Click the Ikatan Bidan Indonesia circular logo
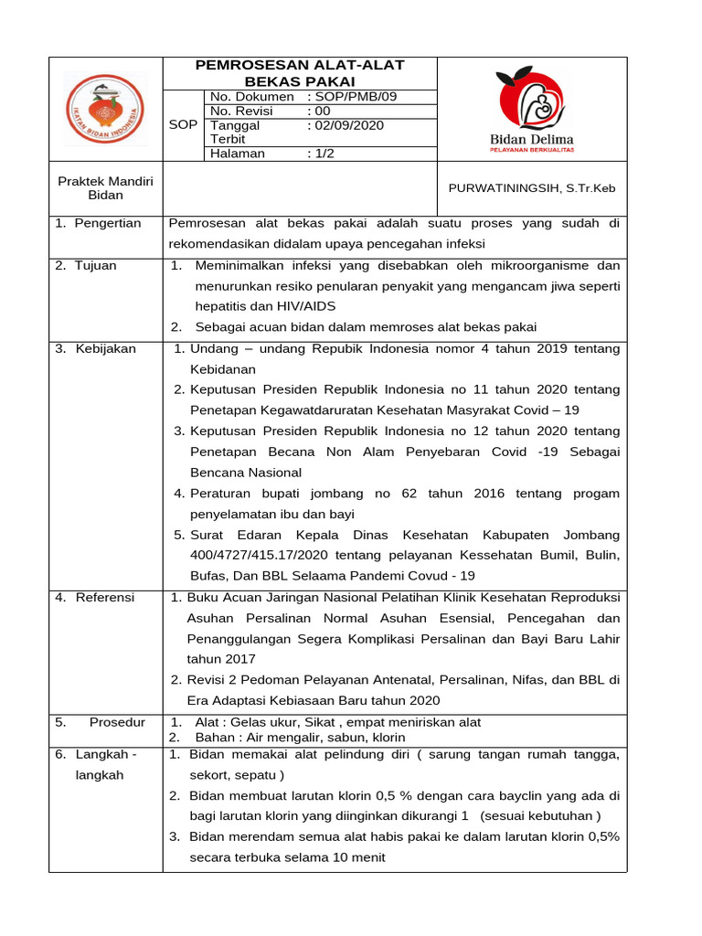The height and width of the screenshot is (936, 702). pyautogui.click(x=103, y=110)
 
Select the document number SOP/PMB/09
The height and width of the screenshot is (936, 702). pyautogui.click(x=356, y=96)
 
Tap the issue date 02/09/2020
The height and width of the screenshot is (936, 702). pyautogui.click(x=349, y=125)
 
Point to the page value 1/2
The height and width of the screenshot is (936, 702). pyautogui.click(x=324, y=154)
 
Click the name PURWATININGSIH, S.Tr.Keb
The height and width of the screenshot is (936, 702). pyautogui.click(x=531, y=188)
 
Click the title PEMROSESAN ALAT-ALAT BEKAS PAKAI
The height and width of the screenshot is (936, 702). pyautogui.click(x=300, y=73)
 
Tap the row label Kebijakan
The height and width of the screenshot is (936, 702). pyautogui.click(x=105, y=348)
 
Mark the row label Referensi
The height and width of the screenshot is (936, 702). pyautogui.click(x=104, y=597)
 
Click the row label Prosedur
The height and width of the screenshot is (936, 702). pyautogui.click(x=117, y=722)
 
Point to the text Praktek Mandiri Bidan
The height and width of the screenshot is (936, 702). pyautogui.click(x=105, y=188)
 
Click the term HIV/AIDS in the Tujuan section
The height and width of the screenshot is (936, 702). pyautogui.click(x=292, y=306)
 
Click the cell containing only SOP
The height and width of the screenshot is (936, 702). pyautogui.click(x=184, y=124)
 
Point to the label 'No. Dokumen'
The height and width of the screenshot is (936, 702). pyautogui.click(x=252, y=96)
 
